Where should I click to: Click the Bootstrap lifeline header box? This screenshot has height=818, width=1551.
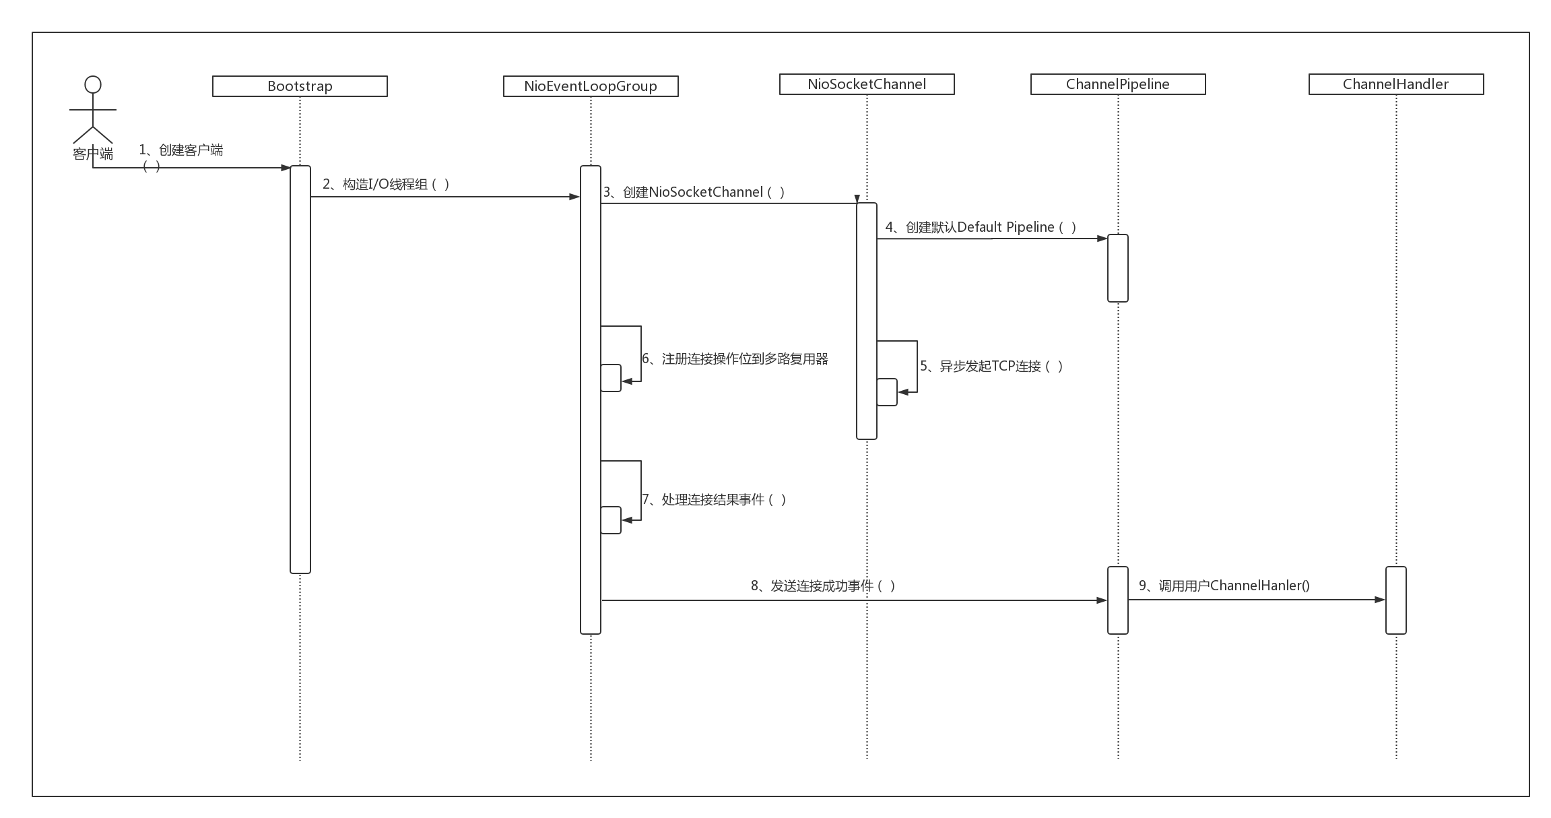tap(300, 86)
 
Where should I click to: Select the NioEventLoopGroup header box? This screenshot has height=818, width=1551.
tap(591, 86)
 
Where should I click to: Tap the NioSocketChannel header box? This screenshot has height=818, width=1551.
tap(867, 84)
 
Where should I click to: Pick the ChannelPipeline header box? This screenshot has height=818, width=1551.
tap(1118, 84)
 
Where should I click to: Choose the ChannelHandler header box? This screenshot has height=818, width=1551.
tap(1396, 84)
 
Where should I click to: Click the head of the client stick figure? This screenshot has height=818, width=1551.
tap(93, 84)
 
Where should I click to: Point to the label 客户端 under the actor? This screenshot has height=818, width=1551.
tap(93, 154)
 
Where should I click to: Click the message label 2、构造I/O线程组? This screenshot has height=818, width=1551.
tap(386, 184)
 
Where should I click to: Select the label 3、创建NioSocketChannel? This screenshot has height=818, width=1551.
tap(694, 192)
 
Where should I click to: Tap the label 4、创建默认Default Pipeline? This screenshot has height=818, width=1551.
tap(981, 227)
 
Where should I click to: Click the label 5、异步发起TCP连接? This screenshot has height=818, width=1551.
tap(991, 366)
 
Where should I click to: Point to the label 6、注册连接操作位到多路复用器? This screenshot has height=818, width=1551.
tap(735, 358)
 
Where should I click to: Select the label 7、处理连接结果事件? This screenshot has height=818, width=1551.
tap(714, 499)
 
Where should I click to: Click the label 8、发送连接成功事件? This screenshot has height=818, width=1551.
tap(823, 586)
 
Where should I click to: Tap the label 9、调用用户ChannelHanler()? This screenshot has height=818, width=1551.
tap(1224, 586)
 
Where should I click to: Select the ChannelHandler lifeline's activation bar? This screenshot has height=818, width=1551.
tap(1396, 600)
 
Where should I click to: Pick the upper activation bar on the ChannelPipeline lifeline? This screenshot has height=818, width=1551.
tap(1118, 268)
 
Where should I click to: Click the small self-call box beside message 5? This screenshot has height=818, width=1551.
tap(887, 392)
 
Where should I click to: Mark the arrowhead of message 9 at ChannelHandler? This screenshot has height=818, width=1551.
tap(1381, 600)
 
